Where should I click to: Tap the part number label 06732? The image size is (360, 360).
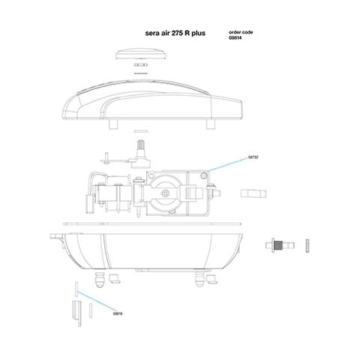click(x=253, y=157)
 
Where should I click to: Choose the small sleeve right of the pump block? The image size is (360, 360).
click(x=253, y=193)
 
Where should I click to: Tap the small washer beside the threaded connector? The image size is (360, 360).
click(x=308, y=244)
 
